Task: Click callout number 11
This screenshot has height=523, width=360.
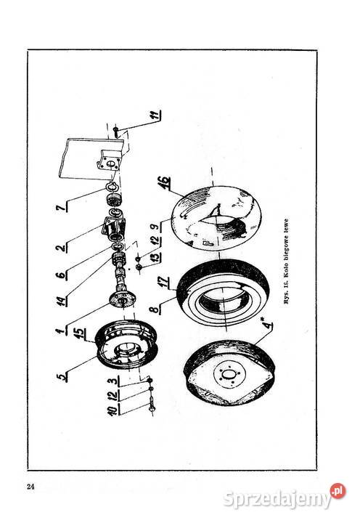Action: [155, 115]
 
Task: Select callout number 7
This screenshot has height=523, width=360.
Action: [61, 208]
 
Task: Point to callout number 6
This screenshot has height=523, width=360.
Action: [61, 275]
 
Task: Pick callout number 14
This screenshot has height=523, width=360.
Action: [61, 301]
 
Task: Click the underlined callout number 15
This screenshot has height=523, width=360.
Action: [79, 333]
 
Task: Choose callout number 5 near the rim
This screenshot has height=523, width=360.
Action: [62, 377]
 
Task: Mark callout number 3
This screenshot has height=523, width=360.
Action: [113, 381]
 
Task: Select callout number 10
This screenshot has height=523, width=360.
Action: [112, 410]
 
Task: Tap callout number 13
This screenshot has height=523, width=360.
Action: [155, 257]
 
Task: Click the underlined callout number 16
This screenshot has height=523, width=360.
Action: [165, 183]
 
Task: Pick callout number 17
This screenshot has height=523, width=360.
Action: [164, 282]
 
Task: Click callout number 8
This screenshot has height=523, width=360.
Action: [155, 309]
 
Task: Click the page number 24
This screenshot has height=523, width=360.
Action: [30, 486]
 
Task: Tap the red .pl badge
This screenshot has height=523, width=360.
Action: [337, 491]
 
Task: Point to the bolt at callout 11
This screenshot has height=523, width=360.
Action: [115, 131]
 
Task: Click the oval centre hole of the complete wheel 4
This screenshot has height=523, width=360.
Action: [228, 375]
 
